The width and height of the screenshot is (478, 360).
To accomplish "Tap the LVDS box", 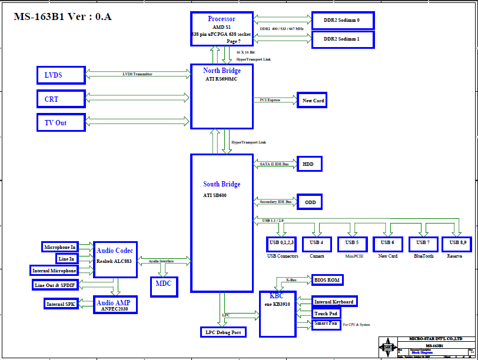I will (60, 75).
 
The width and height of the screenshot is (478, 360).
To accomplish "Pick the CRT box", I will (60, 99).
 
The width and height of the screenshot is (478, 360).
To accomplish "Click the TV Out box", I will (60, 122).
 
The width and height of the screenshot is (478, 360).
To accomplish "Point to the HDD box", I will (309, 164).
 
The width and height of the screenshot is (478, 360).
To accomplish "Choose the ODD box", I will (309, 202).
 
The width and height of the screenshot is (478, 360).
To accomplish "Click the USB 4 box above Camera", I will (317, 243).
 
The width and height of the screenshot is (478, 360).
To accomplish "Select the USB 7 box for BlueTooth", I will (423, 243).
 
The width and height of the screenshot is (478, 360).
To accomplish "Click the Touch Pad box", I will (326, 314).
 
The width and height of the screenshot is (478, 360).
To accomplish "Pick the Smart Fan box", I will (326, 324).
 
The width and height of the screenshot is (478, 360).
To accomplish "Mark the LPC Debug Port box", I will (223, 332).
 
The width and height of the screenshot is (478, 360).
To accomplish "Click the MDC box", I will (163, 284).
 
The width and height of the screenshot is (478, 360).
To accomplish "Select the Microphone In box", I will (60, 246).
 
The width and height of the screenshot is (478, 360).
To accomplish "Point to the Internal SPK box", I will (61, 304).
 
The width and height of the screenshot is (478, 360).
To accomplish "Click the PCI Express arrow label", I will (270, 100).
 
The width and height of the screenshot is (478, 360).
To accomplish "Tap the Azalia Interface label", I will (161, 261).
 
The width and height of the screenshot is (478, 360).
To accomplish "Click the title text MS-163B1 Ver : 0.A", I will (62, 16).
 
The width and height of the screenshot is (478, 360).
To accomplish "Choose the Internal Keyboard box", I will (334, 302).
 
